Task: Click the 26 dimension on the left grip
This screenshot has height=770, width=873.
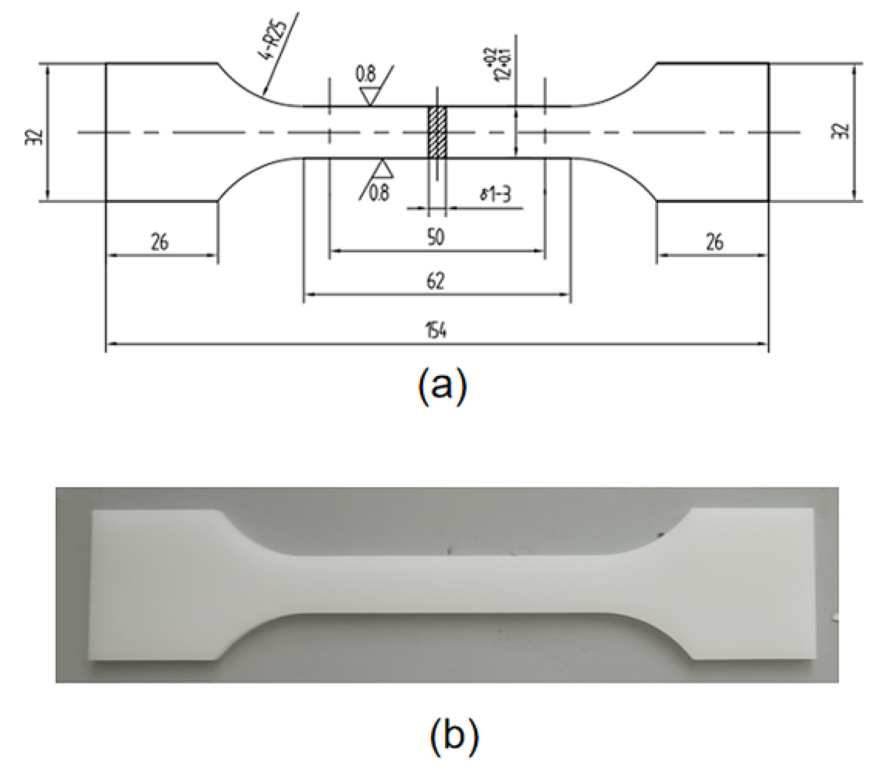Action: point(160,242)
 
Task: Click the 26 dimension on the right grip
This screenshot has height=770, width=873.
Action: point(713,242)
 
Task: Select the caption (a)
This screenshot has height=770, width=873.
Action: point(441,386)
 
